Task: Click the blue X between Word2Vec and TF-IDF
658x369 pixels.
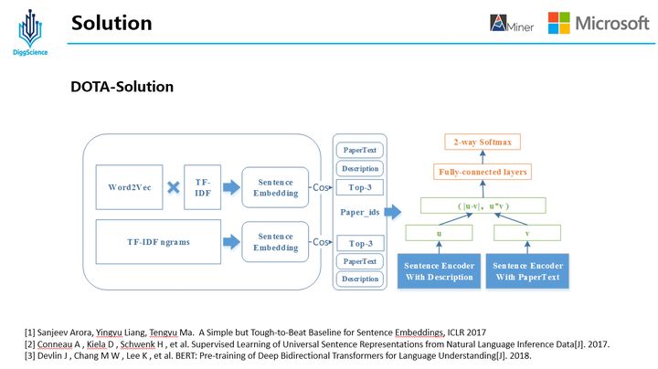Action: [171, 187]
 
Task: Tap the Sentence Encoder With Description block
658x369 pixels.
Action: [439, 271]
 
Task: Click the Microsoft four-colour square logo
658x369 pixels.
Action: [558, 23]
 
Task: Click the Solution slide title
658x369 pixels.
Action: [111, 22]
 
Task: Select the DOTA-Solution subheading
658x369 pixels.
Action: [122, 87]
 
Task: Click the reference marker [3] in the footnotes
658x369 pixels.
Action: [30, 354]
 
